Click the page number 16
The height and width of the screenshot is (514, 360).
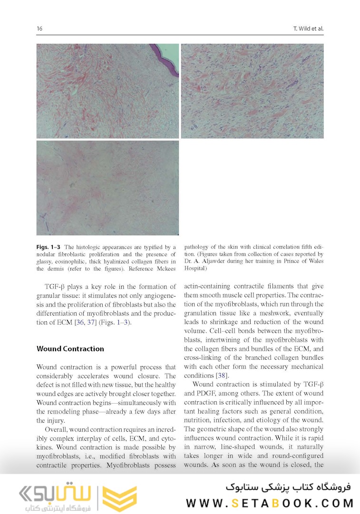click(39, 29)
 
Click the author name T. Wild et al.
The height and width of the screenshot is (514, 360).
click(308, 29)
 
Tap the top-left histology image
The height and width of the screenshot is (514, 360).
click(107, 91)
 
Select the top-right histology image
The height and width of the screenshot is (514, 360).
click(252, 91)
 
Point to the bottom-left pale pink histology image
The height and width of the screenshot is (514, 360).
click(107, 188)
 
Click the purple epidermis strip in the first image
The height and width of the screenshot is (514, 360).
click(166, 60)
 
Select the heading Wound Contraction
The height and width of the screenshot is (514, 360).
click(70, 349)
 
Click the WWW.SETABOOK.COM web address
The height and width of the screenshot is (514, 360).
click(270, 503)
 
